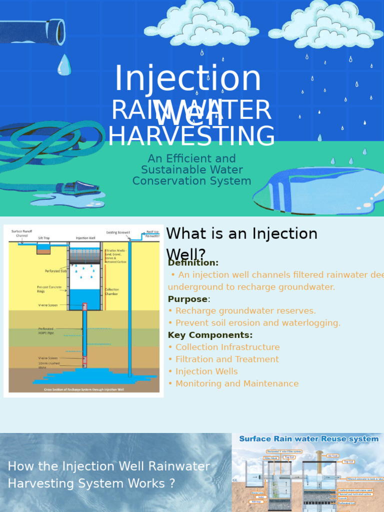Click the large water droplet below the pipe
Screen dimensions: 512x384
(64, 65)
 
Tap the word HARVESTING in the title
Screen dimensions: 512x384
(191, 136)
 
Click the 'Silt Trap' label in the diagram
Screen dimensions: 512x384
(43, 238)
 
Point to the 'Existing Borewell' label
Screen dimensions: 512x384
(118, 232)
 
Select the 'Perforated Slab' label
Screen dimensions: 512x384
(56, 271)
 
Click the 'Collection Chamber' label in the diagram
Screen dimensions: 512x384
(111, 291)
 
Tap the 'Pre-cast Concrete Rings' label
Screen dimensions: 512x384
(49, 289)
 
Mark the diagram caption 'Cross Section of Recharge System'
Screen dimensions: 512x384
(84, 389)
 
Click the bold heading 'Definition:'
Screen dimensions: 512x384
(193, 262)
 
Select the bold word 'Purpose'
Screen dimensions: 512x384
(187, 299)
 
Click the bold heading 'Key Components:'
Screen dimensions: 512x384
(210, 335)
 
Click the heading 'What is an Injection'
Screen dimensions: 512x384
(241, 233)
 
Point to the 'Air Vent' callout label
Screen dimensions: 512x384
(332, 456)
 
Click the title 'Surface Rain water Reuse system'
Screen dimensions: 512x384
(308, 439)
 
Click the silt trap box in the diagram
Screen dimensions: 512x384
(43, 248)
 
